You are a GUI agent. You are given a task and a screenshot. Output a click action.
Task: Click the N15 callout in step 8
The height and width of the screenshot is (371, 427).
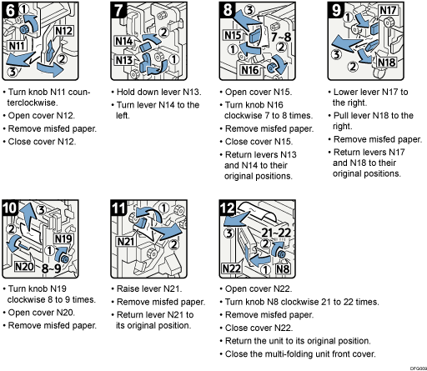(x=233, y=37)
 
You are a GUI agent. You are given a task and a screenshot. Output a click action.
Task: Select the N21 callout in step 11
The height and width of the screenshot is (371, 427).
(x=127, y=242)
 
